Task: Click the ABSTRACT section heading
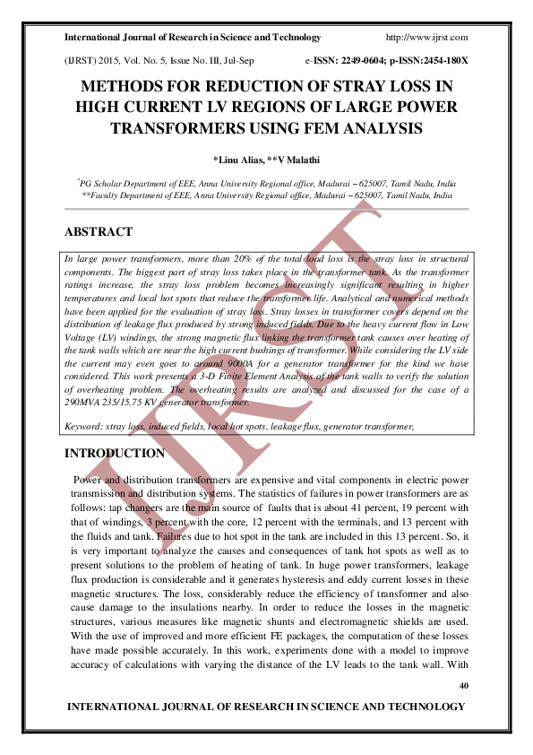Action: tap(99, 232)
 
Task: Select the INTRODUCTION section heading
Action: tap(115, 454)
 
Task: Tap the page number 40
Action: tap(463, 686)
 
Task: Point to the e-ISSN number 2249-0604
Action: tap(368, 61)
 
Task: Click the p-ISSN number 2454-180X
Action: tap(439, 61)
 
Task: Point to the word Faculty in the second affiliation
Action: tap(108, 195)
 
